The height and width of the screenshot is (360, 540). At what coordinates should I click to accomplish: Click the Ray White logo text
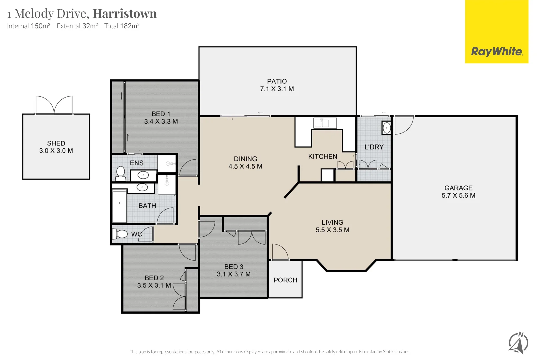(496, 52)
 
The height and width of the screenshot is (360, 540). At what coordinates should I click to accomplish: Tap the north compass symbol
(518, 343)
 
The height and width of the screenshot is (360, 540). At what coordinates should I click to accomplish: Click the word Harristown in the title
(124, 14)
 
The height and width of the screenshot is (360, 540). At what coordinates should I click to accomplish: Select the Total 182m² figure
(122, 26)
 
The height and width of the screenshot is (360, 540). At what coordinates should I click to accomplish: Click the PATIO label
(277, 81)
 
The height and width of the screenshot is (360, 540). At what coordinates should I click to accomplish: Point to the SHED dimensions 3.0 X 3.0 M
(56, 151)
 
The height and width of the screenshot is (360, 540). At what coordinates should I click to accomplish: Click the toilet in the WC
(120, 234)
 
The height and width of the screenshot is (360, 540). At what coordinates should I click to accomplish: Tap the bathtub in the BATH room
(119, 206)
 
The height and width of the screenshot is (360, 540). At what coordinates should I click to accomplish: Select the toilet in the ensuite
(120, 173)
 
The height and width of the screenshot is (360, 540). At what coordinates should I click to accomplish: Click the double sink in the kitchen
(321, 123)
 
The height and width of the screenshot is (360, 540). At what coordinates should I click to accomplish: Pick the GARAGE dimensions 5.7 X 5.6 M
(458, 196)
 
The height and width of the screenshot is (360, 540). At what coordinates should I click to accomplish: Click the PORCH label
(285, 280)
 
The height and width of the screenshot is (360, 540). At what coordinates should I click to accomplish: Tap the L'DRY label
(374, 147)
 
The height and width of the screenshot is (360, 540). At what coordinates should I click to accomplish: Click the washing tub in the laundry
(386, 128)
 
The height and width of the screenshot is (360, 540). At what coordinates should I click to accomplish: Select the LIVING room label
(332, 222)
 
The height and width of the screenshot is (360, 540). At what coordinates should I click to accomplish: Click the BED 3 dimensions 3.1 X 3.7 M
(234, 274)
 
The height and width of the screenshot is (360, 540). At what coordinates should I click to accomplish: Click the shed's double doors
(54, 105)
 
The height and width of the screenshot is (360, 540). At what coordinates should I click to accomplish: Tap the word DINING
(245, 159)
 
